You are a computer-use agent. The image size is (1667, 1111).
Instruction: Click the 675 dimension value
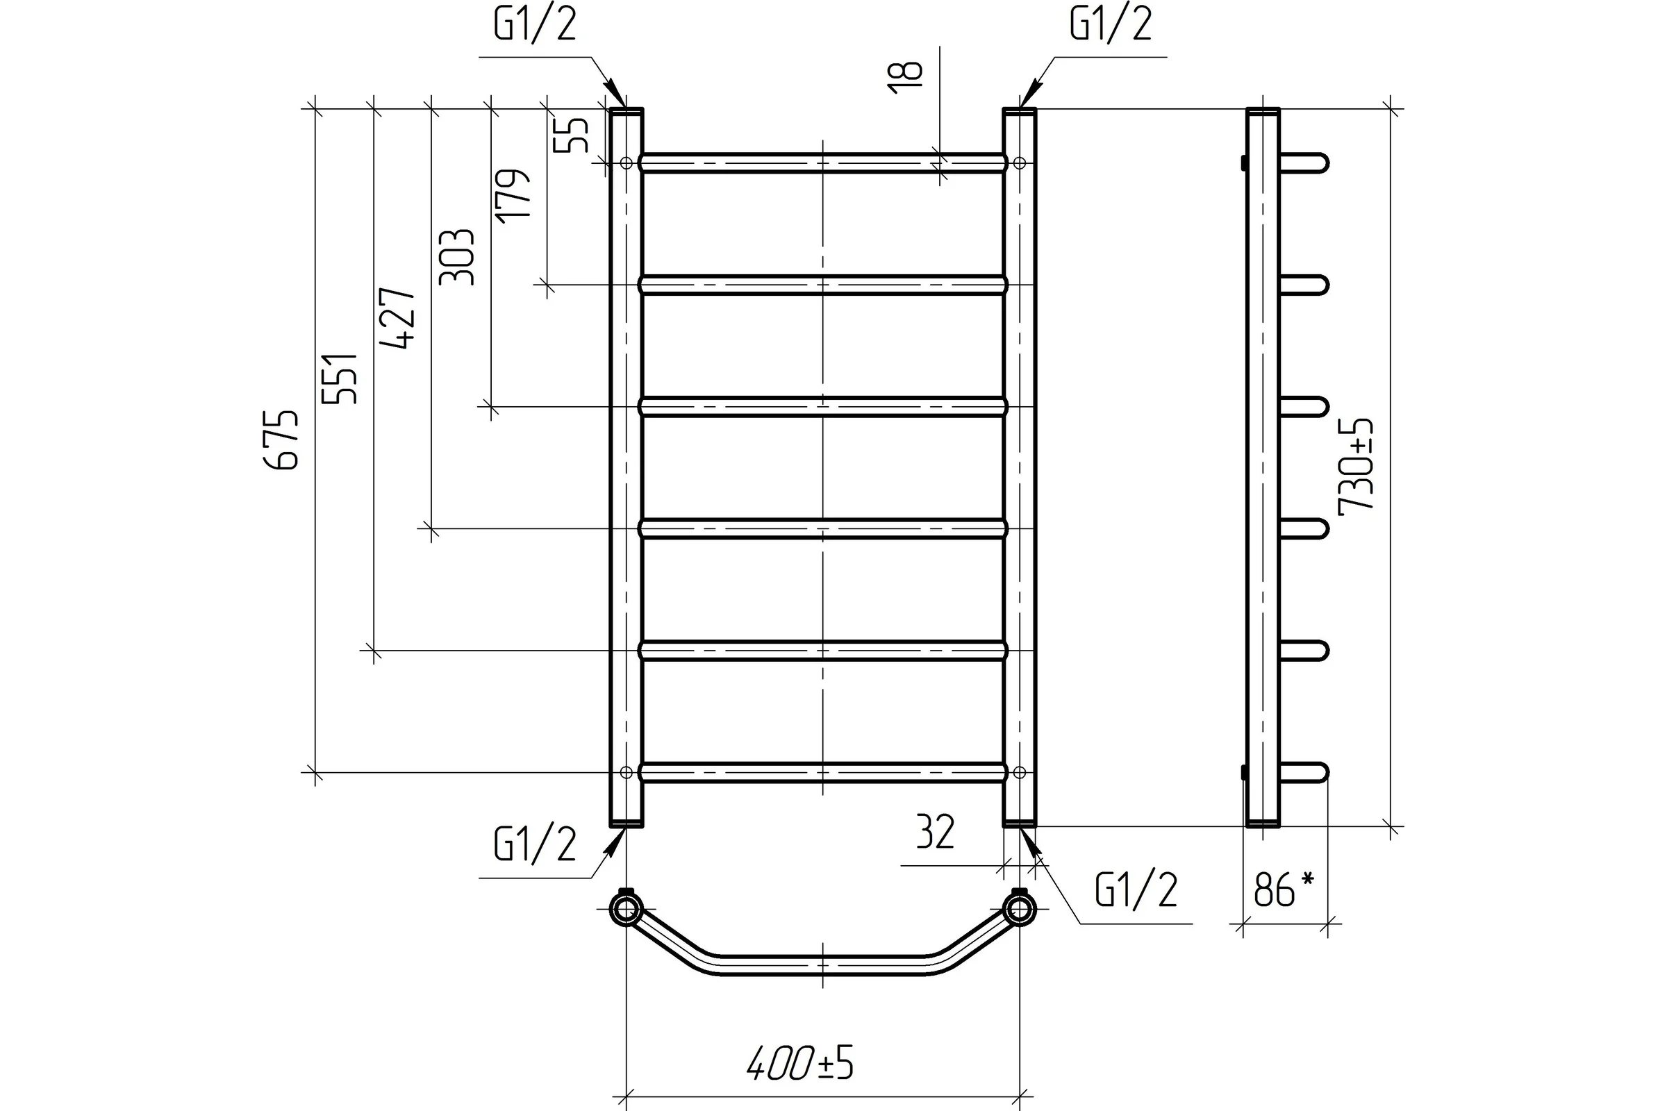tap(281, 439)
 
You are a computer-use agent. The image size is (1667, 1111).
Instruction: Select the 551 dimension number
tap(340, 378)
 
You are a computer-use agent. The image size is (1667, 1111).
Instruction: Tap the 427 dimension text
tap(397, 318)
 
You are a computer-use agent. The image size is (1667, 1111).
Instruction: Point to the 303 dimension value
tap(456, 256)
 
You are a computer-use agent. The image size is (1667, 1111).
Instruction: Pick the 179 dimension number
tap(513, 197)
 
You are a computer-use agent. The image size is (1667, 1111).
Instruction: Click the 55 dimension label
tap(570, 134)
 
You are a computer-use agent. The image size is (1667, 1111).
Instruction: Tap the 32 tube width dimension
tap(936, 832)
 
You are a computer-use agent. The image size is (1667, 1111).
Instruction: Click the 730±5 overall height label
tap(1355, 463)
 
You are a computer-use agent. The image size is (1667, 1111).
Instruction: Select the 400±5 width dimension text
tap(800, 1063)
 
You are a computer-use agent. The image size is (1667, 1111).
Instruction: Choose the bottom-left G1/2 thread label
tap(535, 844)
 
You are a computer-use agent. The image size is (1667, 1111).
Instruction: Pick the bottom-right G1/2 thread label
tap(1136, 890)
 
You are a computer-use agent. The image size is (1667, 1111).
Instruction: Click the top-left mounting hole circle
tap(626, 163)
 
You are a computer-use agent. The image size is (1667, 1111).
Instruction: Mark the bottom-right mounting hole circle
tap(1019, 772)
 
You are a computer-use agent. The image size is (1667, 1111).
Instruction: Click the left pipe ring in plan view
tap(626, 909)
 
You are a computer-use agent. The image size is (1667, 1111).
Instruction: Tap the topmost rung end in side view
tap(1306, 163)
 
